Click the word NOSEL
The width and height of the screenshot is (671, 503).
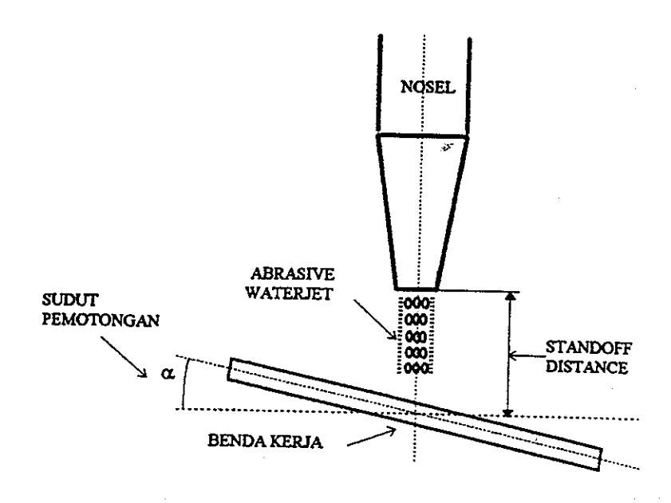tap(428, 87)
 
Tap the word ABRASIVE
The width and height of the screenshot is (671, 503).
tap(293, 274)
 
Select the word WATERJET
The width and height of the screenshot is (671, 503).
tap(290, 293)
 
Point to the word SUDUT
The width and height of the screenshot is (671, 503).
tap(70, 300)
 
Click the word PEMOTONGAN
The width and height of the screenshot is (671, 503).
tap(101, 320)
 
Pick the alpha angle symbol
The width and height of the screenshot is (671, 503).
tap(168, 373)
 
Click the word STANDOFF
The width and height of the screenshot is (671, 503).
tap(588, 348)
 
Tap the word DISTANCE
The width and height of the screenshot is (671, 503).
tap(587, 367)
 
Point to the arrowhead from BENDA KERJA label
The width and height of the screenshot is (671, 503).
tap(392, 431)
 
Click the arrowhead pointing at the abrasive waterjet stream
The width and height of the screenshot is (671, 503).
tap(393, 335)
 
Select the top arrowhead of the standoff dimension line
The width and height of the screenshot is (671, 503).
tap(510, 296)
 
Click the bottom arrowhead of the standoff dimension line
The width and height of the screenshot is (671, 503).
tap(508, 412)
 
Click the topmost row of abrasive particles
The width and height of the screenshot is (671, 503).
tap(416, 304)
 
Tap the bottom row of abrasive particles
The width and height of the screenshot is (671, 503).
tap(416, 367)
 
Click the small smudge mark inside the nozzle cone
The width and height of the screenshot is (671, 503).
tap(447, 147)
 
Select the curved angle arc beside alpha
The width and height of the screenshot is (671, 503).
tap(184, 383)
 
